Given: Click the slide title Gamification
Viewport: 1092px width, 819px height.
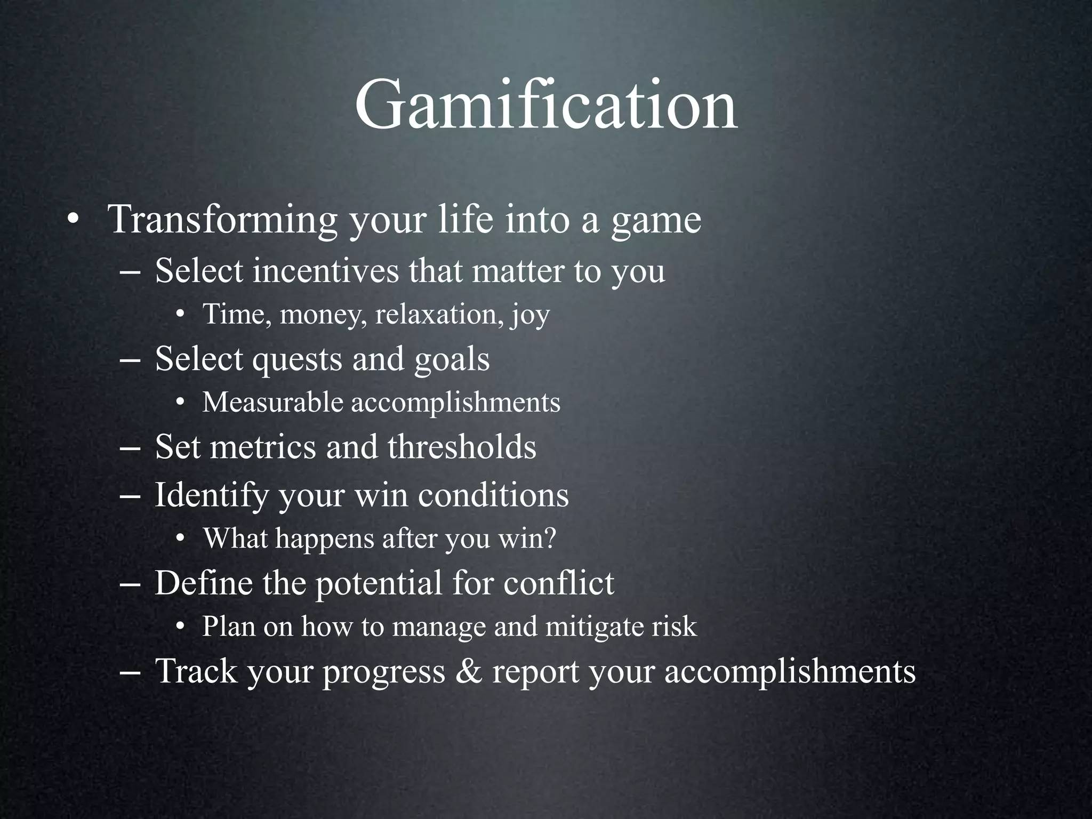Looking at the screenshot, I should [546, 105].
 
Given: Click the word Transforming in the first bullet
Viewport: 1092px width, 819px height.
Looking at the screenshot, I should [222, 219].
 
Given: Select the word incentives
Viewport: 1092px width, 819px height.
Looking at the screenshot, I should [325, 270].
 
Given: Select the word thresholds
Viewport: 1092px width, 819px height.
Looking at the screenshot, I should [462, 447].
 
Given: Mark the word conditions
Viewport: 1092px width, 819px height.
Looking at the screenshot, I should [493, 495].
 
